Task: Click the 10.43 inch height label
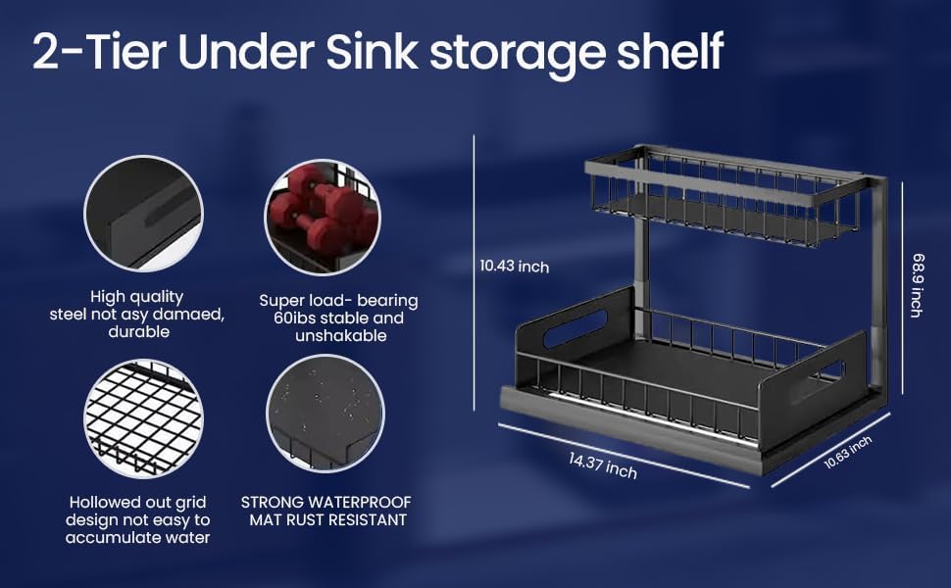pyautogui.click(x=514, y=266)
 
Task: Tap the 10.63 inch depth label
pyautogui.click(x=847, y=453)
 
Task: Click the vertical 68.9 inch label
pyautogui.click(x=916, y=285)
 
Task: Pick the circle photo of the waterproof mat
pyautogui.click(x=325, y=413)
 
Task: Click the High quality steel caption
pyautogui.click(x=137, y=314)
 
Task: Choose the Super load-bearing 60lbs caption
pyautogui.click(x=337, y=318)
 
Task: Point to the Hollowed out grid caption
pyautogui.click(x=137, y=519)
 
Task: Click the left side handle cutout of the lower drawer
pyautogui.click(x=576, y=328)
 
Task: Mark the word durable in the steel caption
pyautogui.click(x=137, y=332)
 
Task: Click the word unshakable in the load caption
pyautogui.click(x=337, y=336)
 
